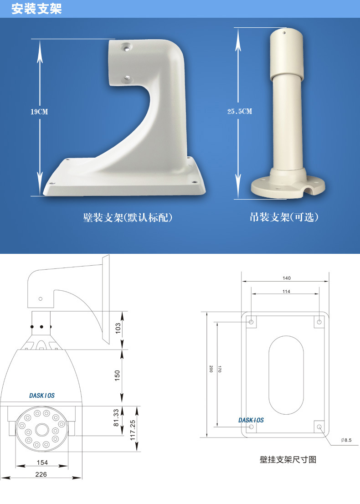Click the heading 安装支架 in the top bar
[x=36, y=9]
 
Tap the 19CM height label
[x=39, y=112]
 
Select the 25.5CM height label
[x=240, y=112]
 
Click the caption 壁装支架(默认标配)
[x=128, y=218]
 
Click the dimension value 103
[x=118, y=328]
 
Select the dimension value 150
[x=118, y=375]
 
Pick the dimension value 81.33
[x=116, y=418]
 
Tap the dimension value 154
[x=42, y=463]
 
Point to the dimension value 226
[x=41, y=474]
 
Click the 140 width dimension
[x=287, y=278]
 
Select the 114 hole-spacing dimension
[x=286, y=291]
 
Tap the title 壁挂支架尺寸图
[x=288, y=459]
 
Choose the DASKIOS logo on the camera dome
[x=42, y=396]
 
